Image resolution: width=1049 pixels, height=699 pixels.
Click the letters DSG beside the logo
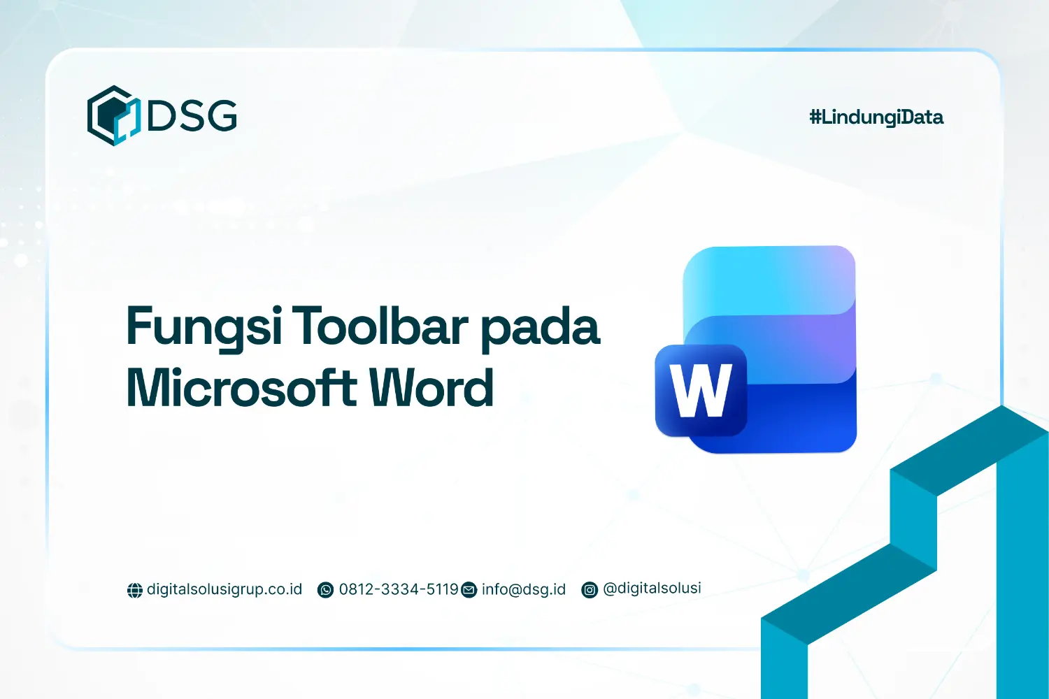tap(192, 115)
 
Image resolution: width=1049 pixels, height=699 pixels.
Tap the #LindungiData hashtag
tap(876, 117)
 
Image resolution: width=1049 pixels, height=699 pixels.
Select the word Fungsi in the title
tap(204, 327)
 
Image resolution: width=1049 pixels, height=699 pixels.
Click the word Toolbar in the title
tap(380, 326)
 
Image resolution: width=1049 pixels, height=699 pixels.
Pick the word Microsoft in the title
tap(241, 388)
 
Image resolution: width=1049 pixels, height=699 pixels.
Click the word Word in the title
tap(431, 388)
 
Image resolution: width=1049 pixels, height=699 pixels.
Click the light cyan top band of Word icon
tap(769, 276)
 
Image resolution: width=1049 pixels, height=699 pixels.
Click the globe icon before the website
tap(135, 591)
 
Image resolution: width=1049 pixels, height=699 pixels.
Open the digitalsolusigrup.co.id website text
tap(224, 589)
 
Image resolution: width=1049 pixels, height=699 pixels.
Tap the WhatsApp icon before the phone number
tap(326, 591)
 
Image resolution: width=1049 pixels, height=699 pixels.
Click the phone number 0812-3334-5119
tap(399, 589)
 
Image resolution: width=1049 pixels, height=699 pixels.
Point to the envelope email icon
tap(469, 591)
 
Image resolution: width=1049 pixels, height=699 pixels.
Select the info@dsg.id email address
tap(524, 589)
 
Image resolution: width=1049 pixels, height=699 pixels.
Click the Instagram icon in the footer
tap(590, 591)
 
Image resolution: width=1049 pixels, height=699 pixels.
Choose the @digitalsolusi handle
tap(652, 588)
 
